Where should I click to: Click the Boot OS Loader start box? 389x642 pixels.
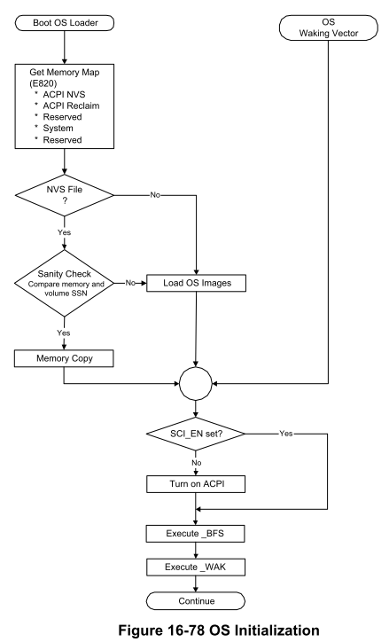65,23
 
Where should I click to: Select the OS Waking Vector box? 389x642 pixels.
329,27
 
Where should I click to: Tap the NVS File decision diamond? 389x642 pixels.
64,195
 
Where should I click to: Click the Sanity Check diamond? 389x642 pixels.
64,283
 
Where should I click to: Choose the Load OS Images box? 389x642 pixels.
197,283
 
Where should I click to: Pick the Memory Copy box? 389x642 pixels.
64,358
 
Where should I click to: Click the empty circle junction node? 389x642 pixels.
196,383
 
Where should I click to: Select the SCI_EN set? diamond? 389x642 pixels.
196,434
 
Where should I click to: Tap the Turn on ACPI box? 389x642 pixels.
196,484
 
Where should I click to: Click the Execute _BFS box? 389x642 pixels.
196,534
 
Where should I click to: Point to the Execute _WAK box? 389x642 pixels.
196,568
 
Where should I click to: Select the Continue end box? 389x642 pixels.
196,601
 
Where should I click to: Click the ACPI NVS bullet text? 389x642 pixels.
64,95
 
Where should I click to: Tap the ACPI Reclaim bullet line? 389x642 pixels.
71,106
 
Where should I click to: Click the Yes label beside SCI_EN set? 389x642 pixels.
286,434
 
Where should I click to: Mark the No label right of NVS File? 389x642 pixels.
155,195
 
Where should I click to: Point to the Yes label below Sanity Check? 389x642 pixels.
64,333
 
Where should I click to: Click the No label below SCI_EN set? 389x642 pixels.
197,463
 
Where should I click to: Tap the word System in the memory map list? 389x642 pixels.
58,129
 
